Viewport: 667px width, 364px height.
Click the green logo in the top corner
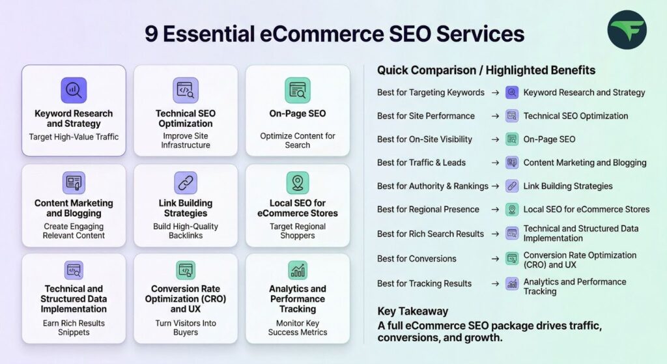point(627,30)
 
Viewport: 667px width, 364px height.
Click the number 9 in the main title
point(151,34)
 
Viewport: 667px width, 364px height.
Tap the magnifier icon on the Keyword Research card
point(74,90)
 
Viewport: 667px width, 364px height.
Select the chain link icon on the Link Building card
point(186,183)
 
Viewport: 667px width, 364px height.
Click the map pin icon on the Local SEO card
point(297,183)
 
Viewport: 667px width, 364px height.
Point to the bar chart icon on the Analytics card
point(298,270)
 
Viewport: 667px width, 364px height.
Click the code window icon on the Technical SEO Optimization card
point(186,90)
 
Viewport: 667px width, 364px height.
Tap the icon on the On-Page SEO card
point(297,90)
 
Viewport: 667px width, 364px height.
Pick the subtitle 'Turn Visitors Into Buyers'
point(186,328)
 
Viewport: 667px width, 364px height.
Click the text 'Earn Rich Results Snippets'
point(74,328)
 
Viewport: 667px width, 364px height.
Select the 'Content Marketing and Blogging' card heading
point(74,208)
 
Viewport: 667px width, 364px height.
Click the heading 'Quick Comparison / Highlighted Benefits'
point(486,70)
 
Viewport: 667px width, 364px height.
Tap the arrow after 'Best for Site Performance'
point(495,116)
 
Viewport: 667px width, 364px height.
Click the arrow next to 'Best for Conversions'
point(495,259)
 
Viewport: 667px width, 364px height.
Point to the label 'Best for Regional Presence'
point(428,210)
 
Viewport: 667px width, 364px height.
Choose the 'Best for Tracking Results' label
point(424,284)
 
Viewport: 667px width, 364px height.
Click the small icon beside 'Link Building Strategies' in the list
point(512,186)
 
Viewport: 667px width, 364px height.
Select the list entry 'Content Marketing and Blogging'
point(585,163)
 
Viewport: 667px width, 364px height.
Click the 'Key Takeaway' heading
point(412,311)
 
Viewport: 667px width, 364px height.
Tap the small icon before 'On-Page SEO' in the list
point(512,139)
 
